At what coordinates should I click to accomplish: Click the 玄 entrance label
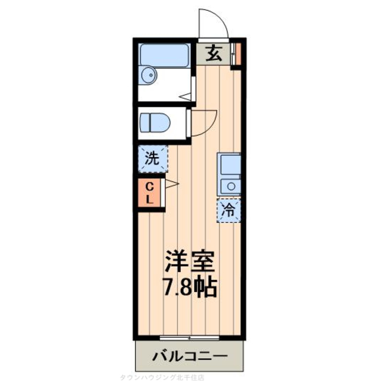click(214, 54)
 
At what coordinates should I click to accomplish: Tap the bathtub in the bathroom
click(164, 55)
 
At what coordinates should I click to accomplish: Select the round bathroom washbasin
click(148, 75)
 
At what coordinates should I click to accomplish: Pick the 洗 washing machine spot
click(153, 159)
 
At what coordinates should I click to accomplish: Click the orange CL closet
click(149, 193)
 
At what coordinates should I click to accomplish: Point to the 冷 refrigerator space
click(229, 210)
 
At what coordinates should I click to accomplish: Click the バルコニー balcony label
click(189, 356)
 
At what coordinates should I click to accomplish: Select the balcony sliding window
click(189, 335)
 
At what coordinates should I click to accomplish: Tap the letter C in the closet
click(149, 187)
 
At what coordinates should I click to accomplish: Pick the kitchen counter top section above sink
click(229, 164)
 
